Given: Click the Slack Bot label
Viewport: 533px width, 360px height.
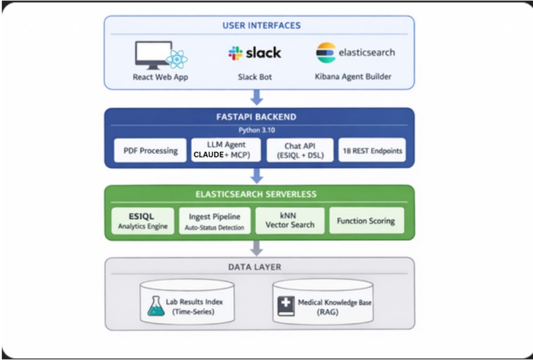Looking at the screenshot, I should pyautogui.click(x=255, y=77).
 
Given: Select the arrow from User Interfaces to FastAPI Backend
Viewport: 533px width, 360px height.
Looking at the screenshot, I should pyautogui.click(x=257, y=97).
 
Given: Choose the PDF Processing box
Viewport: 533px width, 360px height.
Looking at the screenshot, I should pyautogui.click(x=150, y=150).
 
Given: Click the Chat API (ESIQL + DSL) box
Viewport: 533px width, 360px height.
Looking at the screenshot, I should pyautogui.click(x=300, y=150).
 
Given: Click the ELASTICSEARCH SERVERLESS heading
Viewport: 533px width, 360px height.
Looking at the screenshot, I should pyautogui.click(x=259, y=195).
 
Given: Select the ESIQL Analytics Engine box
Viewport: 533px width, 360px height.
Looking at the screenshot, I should pyautogui.click(x=142, y=221).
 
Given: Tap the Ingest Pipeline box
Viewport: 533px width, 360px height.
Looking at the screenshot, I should pyautogui.click(x=215, y=221).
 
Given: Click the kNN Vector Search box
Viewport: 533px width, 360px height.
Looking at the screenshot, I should pyautogui.click(x=290, y=221).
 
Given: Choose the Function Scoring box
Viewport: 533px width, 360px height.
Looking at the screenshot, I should pyautogui.click(x=366, y=221).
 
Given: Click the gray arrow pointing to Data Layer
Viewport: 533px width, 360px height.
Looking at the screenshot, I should pyautogui.click(x=257, y=247).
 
